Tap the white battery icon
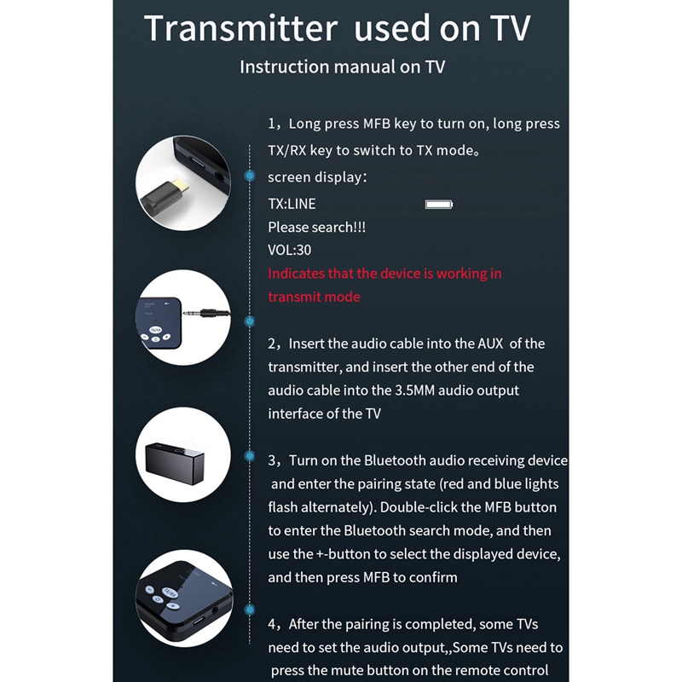pos(439,205)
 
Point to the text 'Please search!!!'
pos(310,228)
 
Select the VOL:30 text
pos(290,251)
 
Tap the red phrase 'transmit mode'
pos(314,297)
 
